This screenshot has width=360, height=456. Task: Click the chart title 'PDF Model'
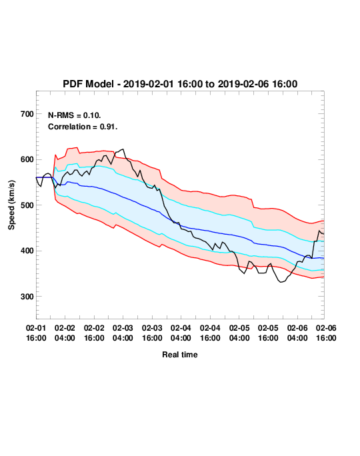pyautogui.click(x=88, y=84)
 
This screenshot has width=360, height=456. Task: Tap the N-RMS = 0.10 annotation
pyautogui.click(x=75, y=115)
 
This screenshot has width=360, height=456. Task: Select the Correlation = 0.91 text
pyautogui.click(x=83, y=127)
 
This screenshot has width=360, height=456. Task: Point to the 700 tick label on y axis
pyautogui.click(x=27, y=114)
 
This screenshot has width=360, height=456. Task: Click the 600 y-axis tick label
pyautogui.click(x=27, y=159)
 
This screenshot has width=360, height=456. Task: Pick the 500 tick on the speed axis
pyautogui.click(x=27, y=205)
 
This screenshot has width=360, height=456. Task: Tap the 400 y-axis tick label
pyautogui.click(x=27, y=251)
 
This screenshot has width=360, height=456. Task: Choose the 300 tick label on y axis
pyautogui.click(x=27, y=297)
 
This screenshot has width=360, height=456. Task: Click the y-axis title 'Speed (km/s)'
pyautogui.click(x=11, y=205)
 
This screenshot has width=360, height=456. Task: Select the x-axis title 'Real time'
pyautogui.click(x=180, y=355)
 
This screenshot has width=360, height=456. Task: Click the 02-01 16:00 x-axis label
pyautogui.click(x=36, y=333)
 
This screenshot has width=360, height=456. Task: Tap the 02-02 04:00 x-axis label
pyautogui.click(x=65, y=333)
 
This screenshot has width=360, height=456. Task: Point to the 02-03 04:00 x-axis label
pyautogui.click(x=123, y=333)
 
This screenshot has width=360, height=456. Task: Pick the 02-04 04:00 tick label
pyautogui.click(x=181, y=333)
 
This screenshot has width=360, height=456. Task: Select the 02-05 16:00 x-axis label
pyautogui.click(x=268, y=333)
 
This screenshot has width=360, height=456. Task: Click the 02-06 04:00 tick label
pyautogui.click(x=297, y=333)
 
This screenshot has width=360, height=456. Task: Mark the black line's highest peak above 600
pyautogui.click(x=123, y=149)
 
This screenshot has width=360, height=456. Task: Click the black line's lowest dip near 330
pyautogui.click(x=281, y=282)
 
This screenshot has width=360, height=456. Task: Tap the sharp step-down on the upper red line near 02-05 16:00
pyautogui.click(x=253, y=203)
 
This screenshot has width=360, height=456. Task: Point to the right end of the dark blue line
pyautogui.click(x=324, y=258)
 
